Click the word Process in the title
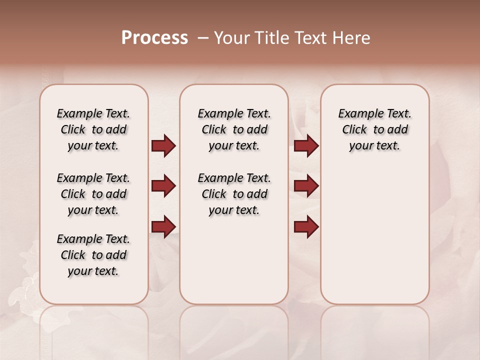pyautogui.click(x=154, y=38)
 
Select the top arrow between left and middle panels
pyautogui.click(x=163, y=146)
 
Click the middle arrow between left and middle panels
pyautogui.click(x=163, y=186)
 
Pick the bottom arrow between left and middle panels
pyautogui.click(x=163, y=227)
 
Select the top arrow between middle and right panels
pyautogui.click(x=306, y=146)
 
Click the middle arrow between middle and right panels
pyautogui.click(x=306, y=186)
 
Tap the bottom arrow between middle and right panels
pyautogui.click(x=306, y=227)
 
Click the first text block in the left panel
pyautogui.click(x=93, y=129)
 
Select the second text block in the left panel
pyautogui.click(x=93, y=194)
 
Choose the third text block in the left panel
pyautogui.click(x=93, y=255)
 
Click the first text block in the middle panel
pyautogui.click(x=234, y=129)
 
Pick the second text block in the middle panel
pyautogui.click(x=234, y=194)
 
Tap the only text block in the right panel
pyautogui.click(x=374, y=129)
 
